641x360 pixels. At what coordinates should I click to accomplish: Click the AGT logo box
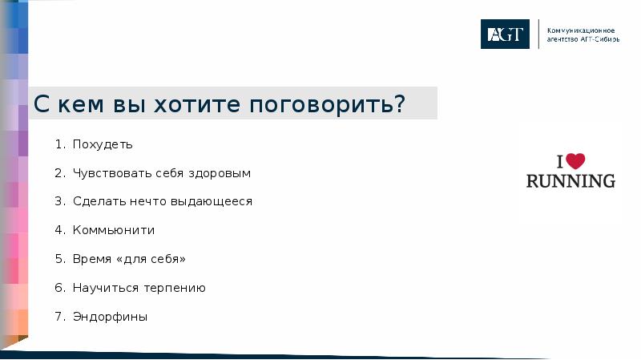click(x=505, y=34)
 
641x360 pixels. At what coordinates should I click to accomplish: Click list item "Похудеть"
click(x=103, y=145)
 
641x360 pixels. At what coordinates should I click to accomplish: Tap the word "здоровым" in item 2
click(x=224, y=173)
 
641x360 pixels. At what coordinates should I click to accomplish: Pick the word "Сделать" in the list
click(x=97, y=202)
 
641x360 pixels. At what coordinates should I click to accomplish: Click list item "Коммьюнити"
click(x=113, y=230)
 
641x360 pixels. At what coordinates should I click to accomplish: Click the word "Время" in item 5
click(x=91, y=259)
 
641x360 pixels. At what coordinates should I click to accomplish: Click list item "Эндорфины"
click(x=110, y=317)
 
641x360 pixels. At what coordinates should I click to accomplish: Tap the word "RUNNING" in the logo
click(x=570, y=180)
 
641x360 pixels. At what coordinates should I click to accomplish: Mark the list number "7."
click(x=59, y=317)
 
